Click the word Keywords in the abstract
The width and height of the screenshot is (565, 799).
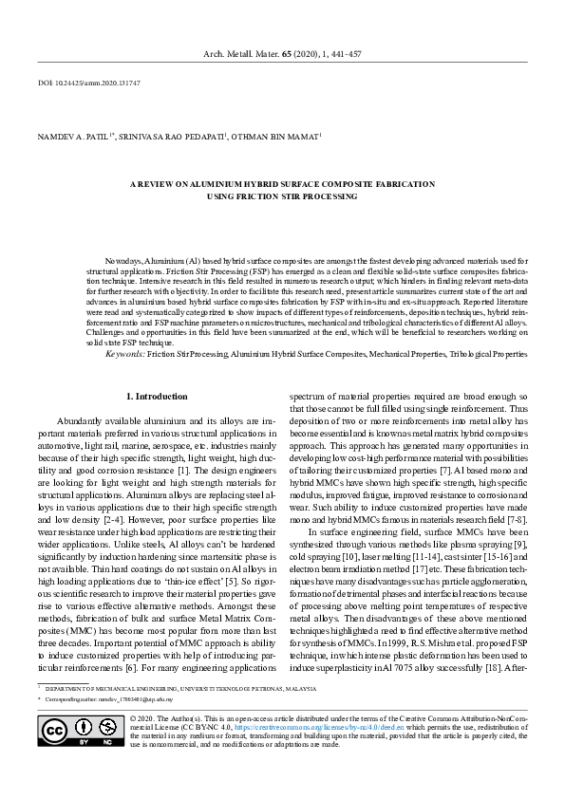coord(124,353)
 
